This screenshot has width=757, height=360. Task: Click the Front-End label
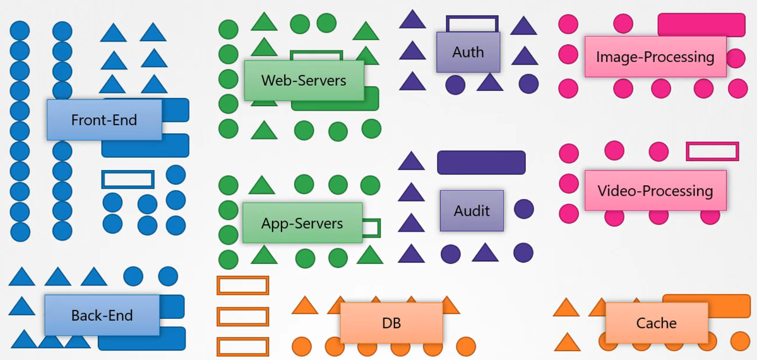pyautogui.click(x=104, y=119)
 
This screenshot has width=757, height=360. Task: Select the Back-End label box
pyautogui.click(x=102, y=315)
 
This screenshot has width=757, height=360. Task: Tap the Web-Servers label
pyautogui.click(x=304, y=80)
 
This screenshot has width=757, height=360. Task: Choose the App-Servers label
pyautogui.click(x=302, y=223)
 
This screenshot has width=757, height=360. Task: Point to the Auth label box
pyautogui.click(x=468, y=52)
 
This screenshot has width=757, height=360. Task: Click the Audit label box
pyautogui.click(x=472, y=210)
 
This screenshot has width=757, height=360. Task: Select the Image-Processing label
pyautogui.click(x=655, y=57)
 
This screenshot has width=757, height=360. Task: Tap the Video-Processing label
pyautogui.click(x=655, y=190)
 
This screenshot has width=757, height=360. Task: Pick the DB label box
pyautogui.click(x=391, y=323)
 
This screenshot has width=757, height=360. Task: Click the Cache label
pyautogui.click(x=656, y=323)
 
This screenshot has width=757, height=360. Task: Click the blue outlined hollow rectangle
pyautogui.click(x=128, y=179)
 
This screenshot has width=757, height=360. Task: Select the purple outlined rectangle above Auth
pyautogui.click(x=472, y=23)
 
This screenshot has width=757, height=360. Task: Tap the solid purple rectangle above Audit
pyautogui.click(x=481, y=162)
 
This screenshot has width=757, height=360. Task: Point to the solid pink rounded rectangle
pyautogui.click(x=701, y=25)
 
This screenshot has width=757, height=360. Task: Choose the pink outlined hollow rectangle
pyautogui.click(x=712, y=152)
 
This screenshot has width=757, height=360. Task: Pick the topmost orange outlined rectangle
pyautogui.click(x=243, y=285)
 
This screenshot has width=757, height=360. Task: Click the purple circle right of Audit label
pyautogui.click(x=523, y=209)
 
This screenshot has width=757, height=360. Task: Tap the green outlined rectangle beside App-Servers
pyautogui.click(x=371, y=227)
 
